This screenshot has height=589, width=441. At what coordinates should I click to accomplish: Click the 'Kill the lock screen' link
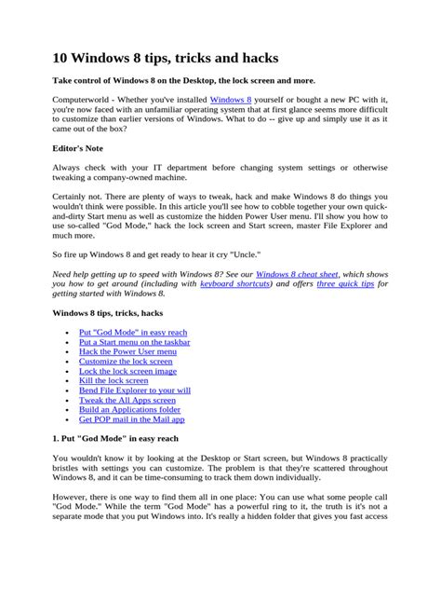(114, 380)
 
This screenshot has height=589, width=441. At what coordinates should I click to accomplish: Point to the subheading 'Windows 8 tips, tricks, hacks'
(108, 313)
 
